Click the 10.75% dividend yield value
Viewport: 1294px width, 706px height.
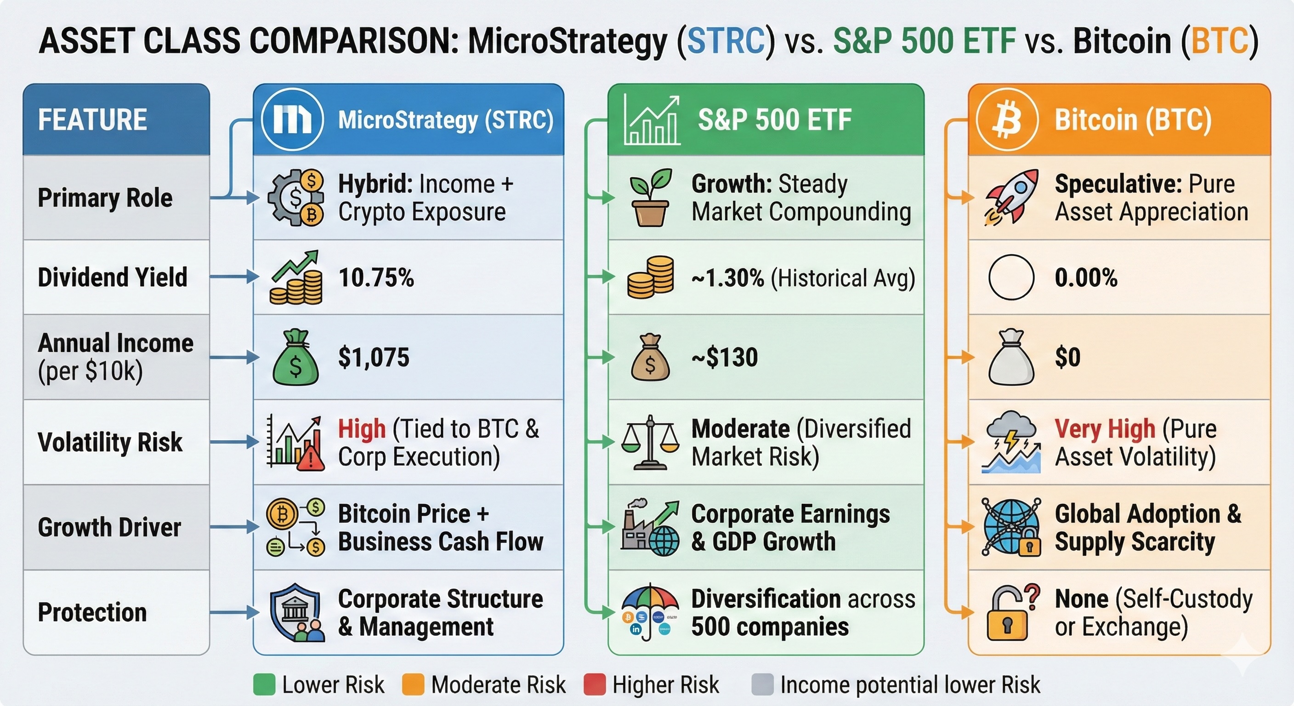pyautogui.click(x=376, y=277)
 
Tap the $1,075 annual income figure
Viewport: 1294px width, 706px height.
pyautogui.click(x=374, y=357)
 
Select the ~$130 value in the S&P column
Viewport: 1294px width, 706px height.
pyautogui.click(x=724, y=357)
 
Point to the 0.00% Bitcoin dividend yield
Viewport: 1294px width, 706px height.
pyautogui.click(x=1086, y=277)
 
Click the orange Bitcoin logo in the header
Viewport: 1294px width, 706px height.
pyautogui.click(x=1007, y=120)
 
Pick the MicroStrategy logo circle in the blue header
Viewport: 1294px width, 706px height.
pyautogui.click(x=292, y=120)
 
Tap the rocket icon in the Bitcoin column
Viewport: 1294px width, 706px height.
pyautogui.click(x=1010, y=196)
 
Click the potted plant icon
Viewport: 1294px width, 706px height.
pyautogui.click(x=651, y=197)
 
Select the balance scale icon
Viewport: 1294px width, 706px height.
pyautogui.click(x=650, y=442)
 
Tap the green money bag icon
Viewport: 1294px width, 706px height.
pyautogui.click(x=295, y=357)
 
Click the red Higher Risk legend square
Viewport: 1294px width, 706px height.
pyautogui.click(x=594, y=684)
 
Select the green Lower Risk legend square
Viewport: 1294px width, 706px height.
pyautogui.click(x=264, y=684)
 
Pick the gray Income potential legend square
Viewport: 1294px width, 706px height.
pyautogui.click(x=762, y=684)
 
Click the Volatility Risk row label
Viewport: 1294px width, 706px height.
pyautogui.click(x=110, y=442)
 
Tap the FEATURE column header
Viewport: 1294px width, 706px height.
pyautogui.click(x=93, y=120)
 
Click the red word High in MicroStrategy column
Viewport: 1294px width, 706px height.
pyautogui.click(x=362, y=429)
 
